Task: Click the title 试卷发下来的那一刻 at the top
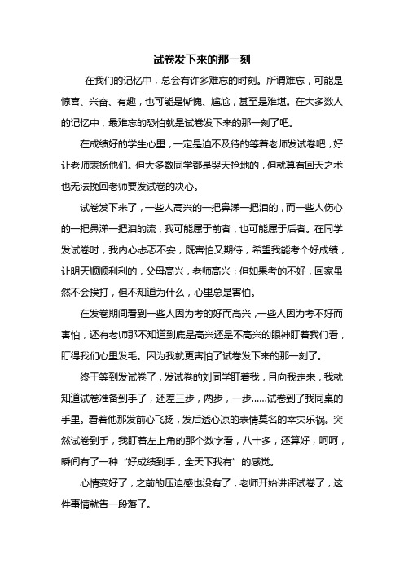(202, 59)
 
